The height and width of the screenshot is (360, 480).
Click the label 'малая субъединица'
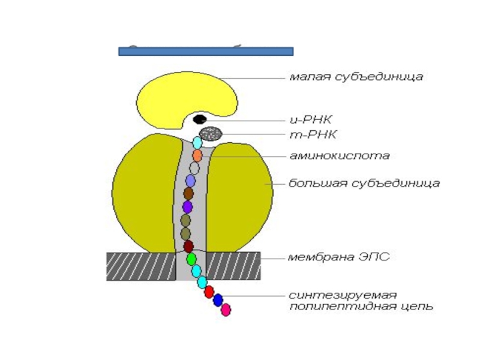356,77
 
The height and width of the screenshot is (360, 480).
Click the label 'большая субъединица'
364,183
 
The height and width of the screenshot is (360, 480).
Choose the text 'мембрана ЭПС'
338,257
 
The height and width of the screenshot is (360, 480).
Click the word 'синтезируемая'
343,295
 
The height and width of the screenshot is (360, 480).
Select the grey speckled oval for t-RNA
211,134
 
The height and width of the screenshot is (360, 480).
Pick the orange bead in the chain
197,155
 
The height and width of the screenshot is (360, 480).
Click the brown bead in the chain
188,193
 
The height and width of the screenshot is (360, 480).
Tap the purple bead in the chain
187,207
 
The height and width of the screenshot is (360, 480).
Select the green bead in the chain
191,259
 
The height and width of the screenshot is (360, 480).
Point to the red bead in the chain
209,292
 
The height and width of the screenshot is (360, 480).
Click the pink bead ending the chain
226,310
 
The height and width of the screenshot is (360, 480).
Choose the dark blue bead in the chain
218,300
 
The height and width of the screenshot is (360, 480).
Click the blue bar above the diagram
206,51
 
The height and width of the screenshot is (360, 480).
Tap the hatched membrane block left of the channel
141,266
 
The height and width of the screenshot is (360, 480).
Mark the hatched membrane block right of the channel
234,266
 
